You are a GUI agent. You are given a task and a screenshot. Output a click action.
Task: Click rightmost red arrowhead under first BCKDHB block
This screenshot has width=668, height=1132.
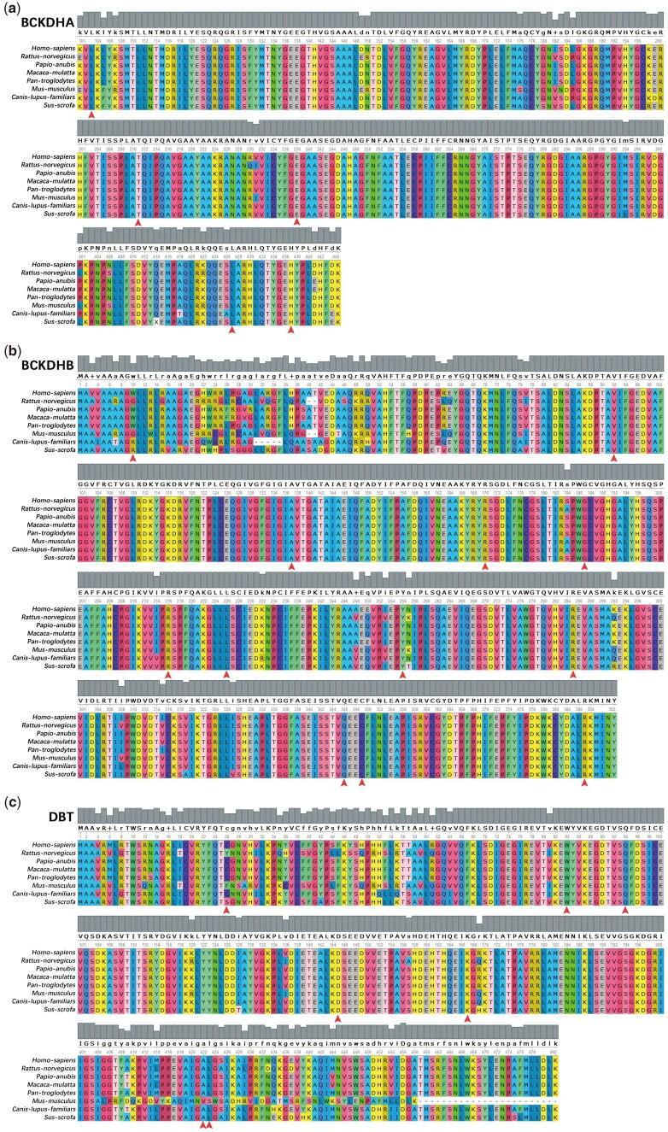coord(614,458)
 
